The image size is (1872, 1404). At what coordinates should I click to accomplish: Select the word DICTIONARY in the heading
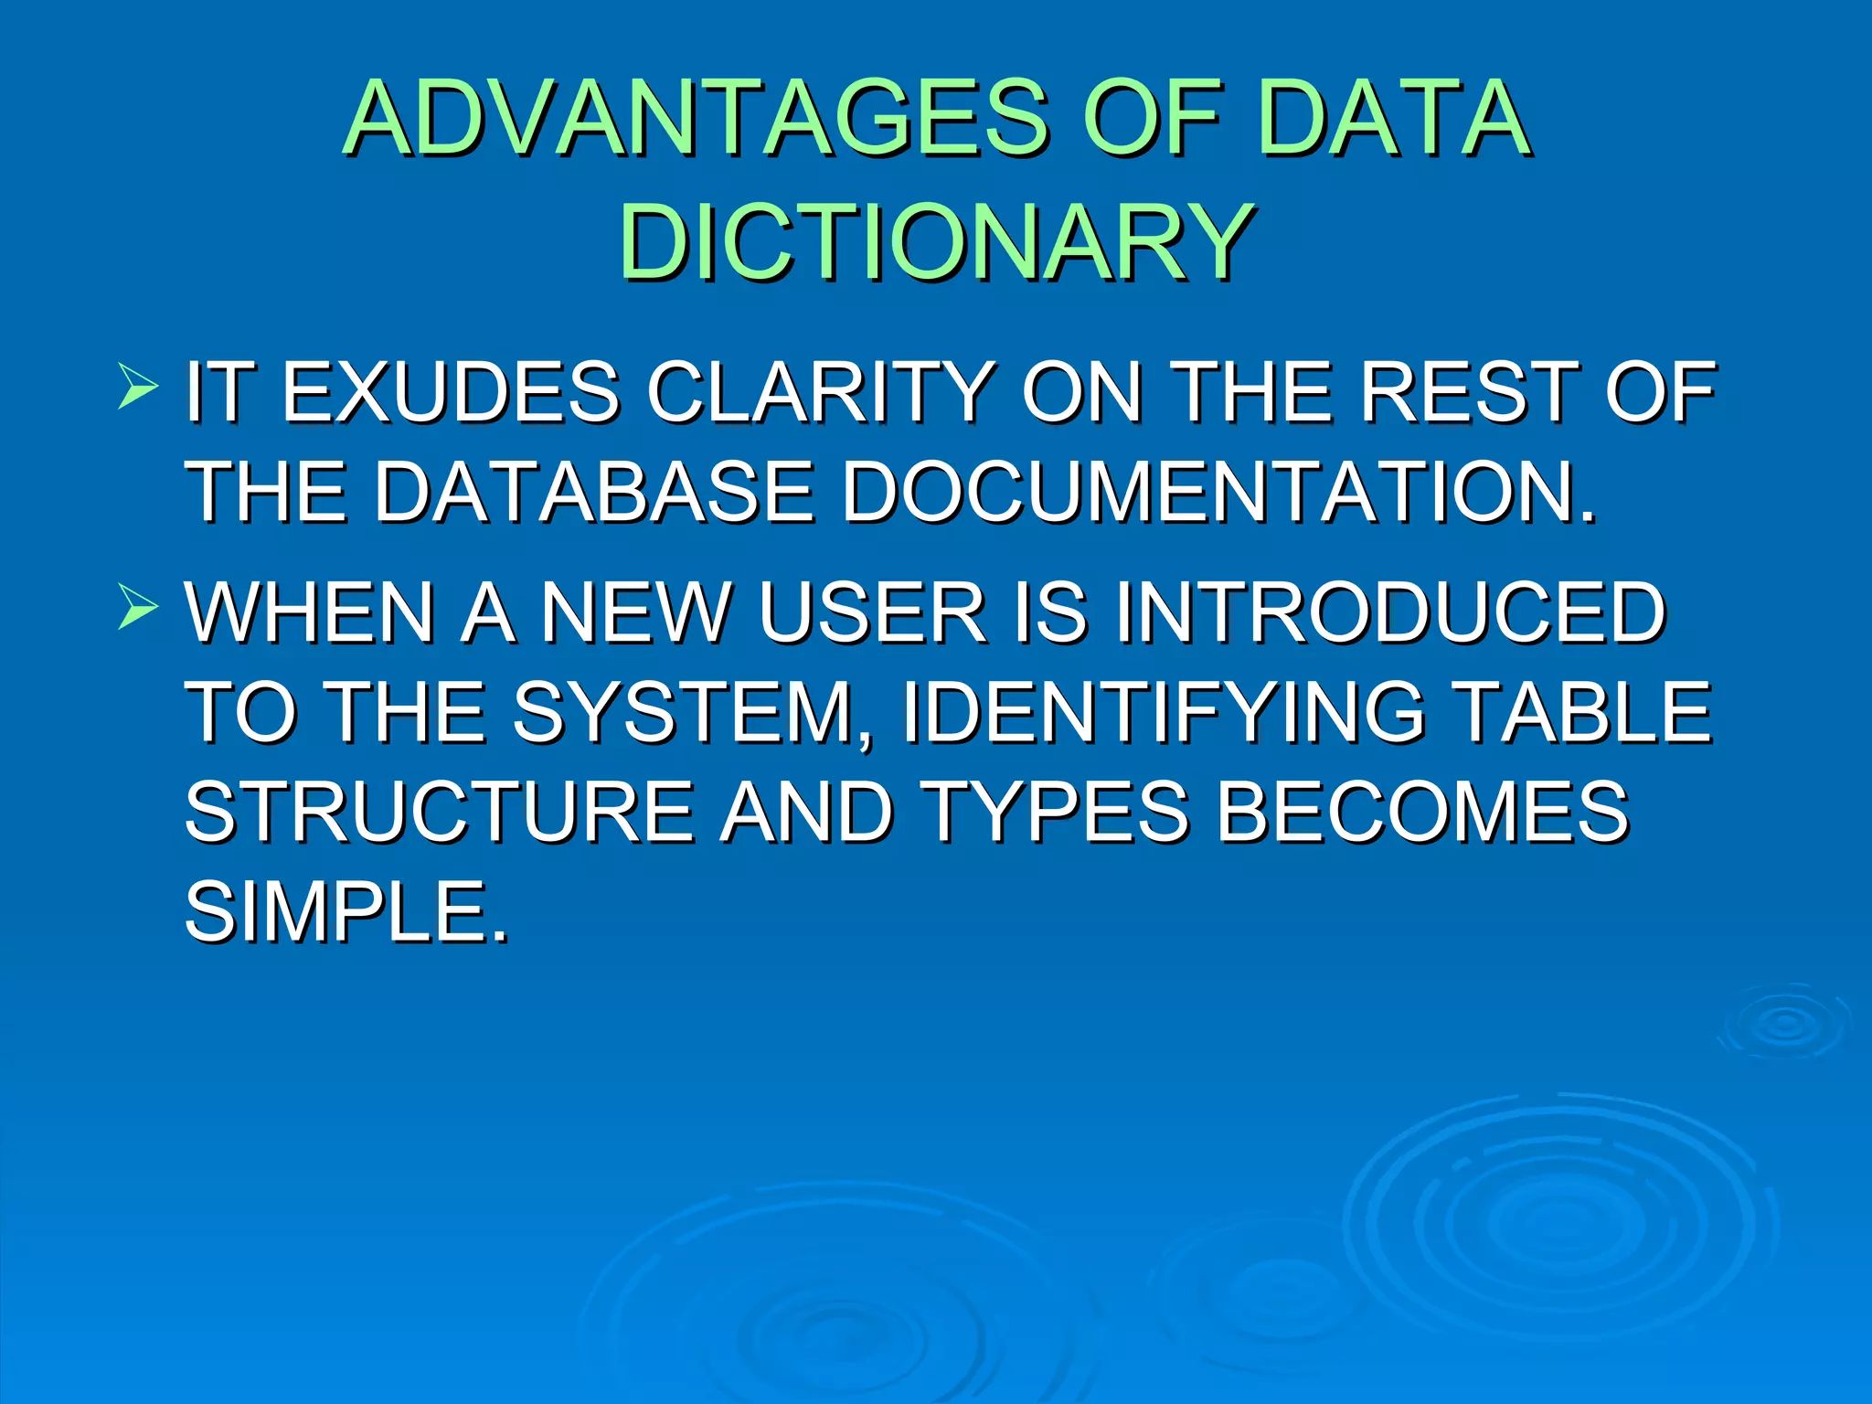(x=936, y=243)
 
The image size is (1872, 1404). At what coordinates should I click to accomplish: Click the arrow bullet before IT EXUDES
(x=138, y=386)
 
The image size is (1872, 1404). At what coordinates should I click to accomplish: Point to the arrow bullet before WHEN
(x=138, y=607)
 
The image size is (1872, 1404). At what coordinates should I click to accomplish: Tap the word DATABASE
(x=594, y=494)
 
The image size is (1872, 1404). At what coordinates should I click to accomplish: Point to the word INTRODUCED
(x=1389, y=613)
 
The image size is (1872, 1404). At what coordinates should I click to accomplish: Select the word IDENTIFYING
(x=1161, y=713)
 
